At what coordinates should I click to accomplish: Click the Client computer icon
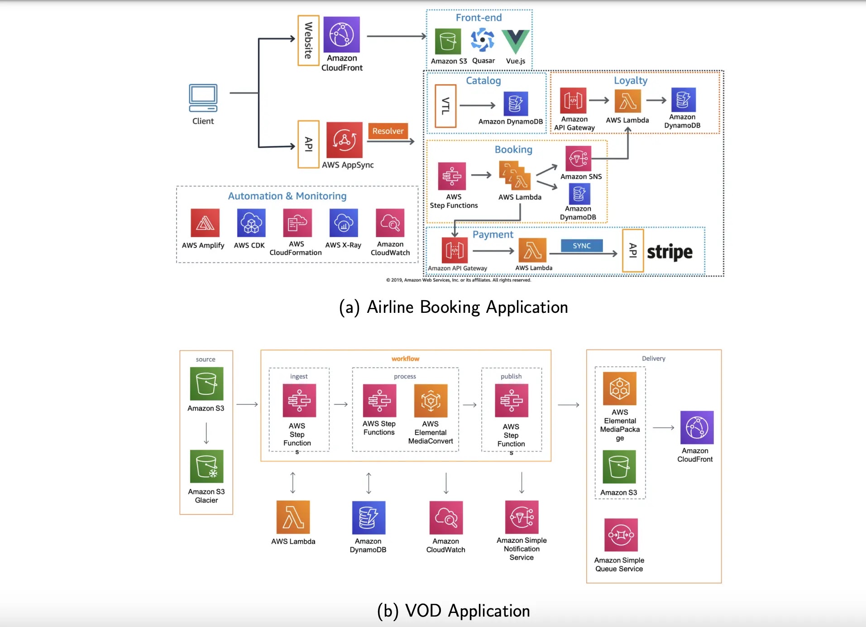[203, 98]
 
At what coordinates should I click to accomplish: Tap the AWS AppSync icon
[344, 140]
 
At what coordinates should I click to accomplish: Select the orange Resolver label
[388, 131]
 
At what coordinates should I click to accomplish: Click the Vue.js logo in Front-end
[516, 42]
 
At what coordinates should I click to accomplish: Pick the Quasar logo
[483, 40]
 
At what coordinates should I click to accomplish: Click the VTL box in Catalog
[445, 106]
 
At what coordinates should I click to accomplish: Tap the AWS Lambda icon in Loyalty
[628, 101]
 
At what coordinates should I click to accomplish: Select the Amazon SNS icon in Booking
[579, 158]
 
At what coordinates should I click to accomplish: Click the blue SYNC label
[582, 245]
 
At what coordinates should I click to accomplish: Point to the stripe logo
[670, 252]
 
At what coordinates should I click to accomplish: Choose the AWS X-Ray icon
[344, 223]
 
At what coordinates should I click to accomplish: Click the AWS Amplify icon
[205, 223]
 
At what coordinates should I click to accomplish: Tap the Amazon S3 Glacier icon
[206, 466]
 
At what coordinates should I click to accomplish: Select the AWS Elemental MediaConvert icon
[431, 401]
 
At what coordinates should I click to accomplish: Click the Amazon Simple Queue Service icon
[621, 535]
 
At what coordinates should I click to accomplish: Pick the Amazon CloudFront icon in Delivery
[697, 427]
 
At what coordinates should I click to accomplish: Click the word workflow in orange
[406, 359]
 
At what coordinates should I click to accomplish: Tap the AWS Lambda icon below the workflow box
[293, 517]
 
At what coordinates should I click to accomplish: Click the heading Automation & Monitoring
[287, 196]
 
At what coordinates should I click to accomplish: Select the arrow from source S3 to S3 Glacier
[206, 433]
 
